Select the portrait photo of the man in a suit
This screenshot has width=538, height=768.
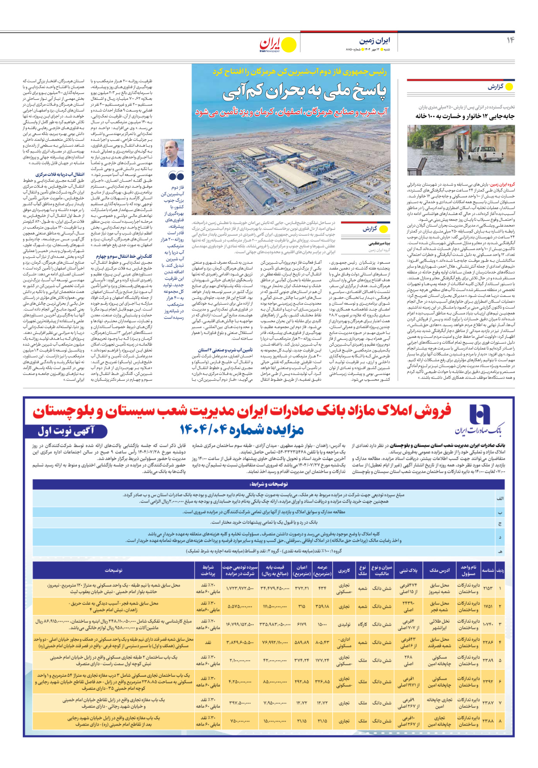click(x=172, y=153)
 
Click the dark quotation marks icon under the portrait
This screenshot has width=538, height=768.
click(x=176, y=176)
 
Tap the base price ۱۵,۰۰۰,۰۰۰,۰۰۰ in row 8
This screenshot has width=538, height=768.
click(x=275, y=721)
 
